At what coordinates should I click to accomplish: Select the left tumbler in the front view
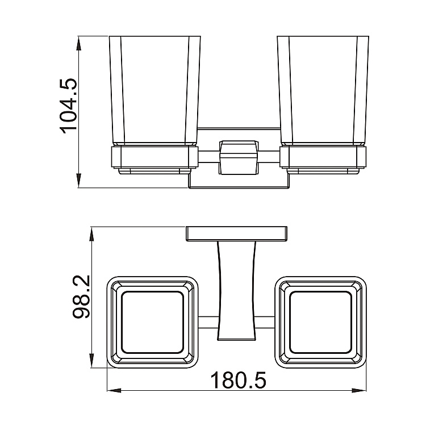[x=154, y=91]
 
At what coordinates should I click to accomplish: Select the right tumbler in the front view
[x=322, y=91]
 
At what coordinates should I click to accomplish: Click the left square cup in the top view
[x=154, y=321]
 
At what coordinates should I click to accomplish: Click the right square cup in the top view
[x=322, y=321]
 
